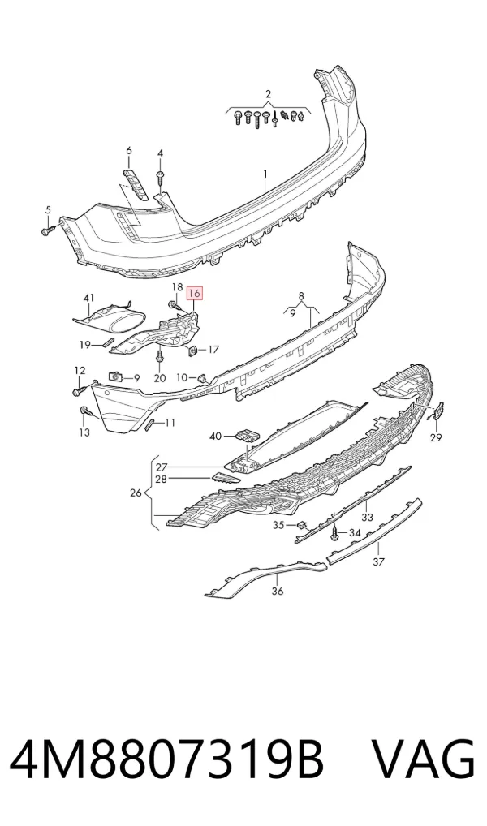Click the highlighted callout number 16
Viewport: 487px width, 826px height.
pyautogui.click(x=195, y=294)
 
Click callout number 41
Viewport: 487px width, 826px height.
pyautogui.click(x=88, y=299)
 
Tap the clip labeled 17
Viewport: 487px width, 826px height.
pyautogui.click(x=193, y=350)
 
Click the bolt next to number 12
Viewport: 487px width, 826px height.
pyautogui.click(x=79, y=391)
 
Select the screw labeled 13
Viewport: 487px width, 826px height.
pyautogui.click(x=86, y=412)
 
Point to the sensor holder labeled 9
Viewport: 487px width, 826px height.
pyautogui.click(x=115, y=376)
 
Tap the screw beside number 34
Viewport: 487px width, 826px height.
pyautogui.click(x=335, y=534)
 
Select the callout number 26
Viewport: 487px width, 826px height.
pyautogui.click(x=136, y=493)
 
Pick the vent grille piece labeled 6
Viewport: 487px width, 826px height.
pyautogui.click(x=135, y=184)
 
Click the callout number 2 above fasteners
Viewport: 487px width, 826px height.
pyautogui.click(x=269, y=94)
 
